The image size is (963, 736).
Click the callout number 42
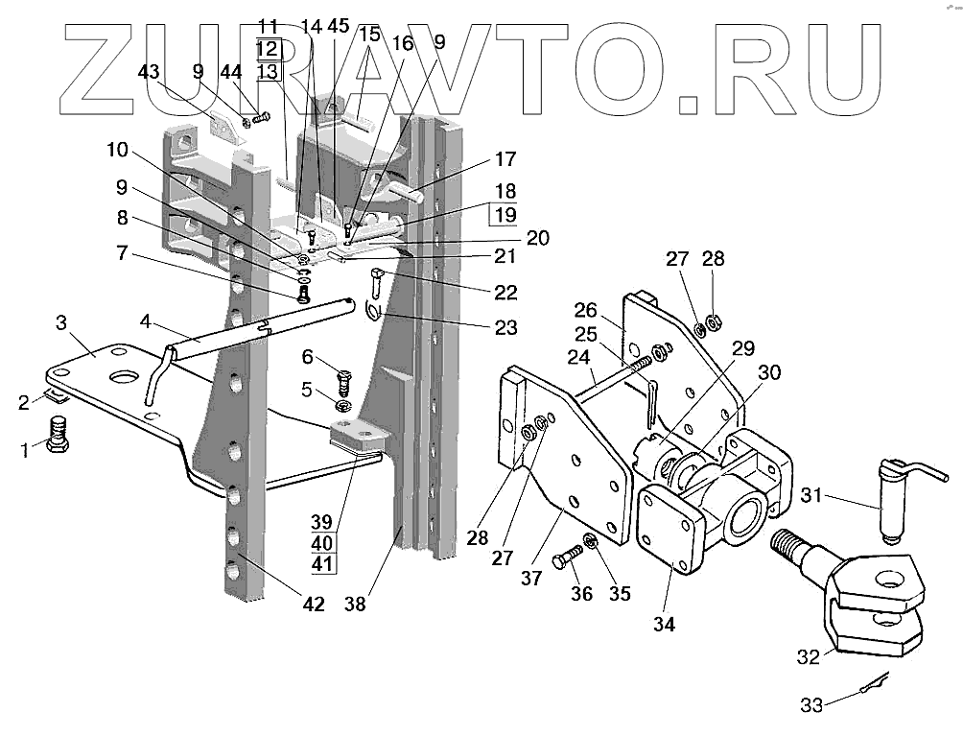313,605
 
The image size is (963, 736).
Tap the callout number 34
664,625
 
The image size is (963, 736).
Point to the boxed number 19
505,216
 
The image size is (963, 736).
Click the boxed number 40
322,542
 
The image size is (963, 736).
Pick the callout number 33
811,705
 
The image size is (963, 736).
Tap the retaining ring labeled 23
375,312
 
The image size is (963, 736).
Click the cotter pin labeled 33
873,688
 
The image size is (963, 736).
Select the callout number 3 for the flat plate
60,321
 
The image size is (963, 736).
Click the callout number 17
505,160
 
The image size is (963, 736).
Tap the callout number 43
149,71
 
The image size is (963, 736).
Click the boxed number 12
268,48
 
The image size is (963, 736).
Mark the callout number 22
505,292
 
